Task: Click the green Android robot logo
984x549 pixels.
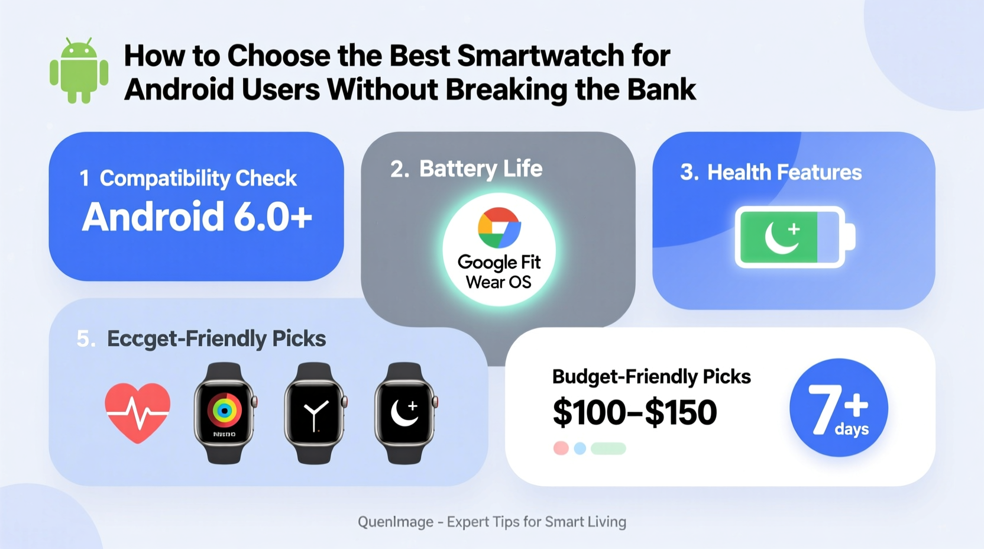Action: pyautogui.click(x=79, y=71)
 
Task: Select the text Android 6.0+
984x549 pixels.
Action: pyautogui.click(x=197, y=217)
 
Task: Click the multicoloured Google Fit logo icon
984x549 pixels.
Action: pyautogui.click(x=499, y=228)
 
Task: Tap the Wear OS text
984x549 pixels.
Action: pyautogui.click(x=499, y=282)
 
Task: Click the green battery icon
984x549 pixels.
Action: pyautogui.click(x=794, y=237)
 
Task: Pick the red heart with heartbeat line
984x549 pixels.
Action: pyautogui.click(x=138, y=412)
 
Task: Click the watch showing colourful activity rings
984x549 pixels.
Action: pyautogui.click(x=224, y=412)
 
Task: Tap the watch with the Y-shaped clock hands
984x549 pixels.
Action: pyautogui.click(x=315, y=412)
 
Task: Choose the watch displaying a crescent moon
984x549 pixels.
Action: pyautogui.click(x=405, y=412)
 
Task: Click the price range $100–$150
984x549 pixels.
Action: pyautogui.click(x=635, y=412)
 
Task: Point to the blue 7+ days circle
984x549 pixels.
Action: pyautogui.click(x=839, y=408)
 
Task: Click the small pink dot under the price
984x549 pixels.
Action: pyautogui.click(x=561, y=448)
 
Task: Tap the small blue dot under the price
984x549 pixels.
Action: pyautogui.click(x=580, y=448)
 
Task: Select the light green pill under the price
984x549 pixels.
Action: pyautogui.click(x=608, y=448)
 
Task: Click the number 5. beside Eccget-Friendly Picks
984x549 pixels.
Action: pyautogui.click(x=86, y=339)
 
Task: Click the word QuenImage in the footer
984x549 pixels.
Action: pyautogui.click(x=395, y=522)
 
